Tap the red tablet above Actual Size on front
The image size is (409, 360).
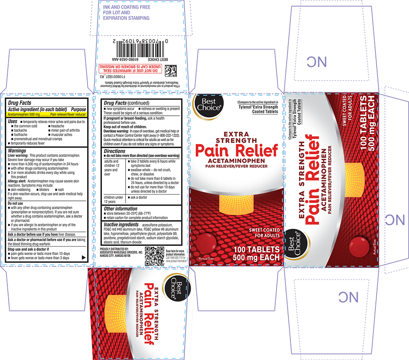[207, 242]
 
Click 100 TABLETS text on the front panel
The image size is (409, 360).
[256, 249]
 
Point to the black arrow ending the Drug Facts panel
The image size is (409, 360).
[84, 258]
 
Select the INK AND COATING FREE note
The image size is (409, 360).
[126, 13]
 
